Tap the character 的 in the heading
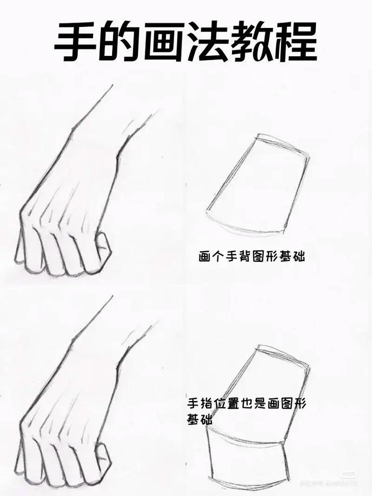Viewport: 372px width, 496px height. pos(121,42)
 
